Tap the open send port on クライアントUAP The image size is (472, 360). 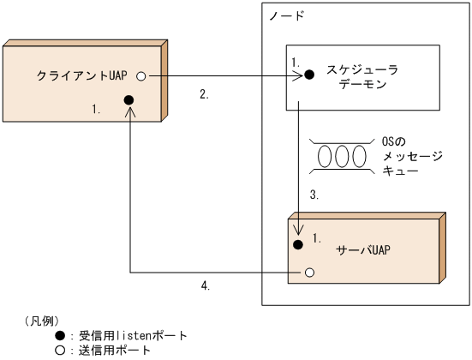click(140, 75)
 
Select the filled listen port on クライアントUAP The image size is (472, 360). click(128, 99)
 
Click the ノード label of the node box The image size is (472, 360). click(286, 16)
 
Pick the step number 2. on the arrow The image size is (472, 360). click(204, 94)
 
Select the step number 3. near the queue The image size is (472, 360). click(314, 195)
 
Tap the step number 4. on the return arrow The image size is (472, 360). click(204, 285)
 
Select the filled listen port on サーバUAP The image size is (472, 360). click(299, 245)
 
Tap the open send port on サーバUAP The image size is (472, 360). click(309, 273)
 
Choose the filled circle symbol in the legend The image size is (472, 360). click(61, 335)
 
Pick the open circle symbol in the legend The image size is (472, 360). click(61, 350)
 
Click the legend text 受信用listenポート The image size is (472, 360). click(133, 335)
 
